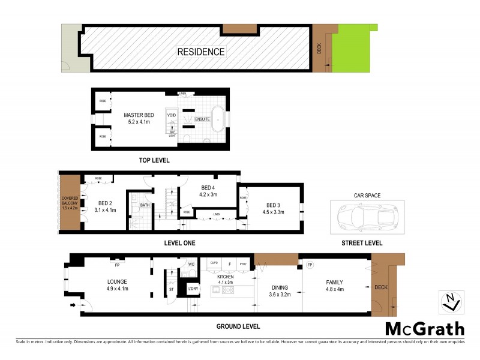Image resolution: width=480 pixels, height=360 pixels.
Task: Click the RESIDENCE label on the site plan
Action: coord(200,52)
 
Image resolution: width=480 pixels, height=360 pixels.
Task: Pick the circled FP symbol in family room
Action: coord(310,265)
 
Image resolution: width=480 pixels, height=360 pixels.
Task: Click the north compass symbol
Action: coord(451,301)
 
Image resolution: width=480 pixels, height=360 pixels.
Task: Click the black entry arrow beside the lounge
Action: coord(73,305)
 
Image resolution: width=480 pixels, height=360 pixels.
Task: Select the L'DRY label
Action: coord(193,289)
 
